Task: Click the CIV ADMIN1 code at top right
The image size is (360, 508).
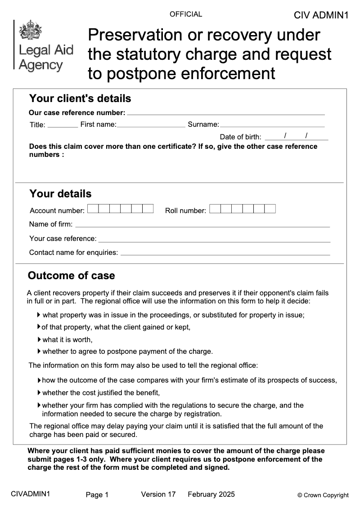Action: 321,15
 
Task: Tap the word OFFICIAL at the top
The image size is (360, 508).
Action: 186,14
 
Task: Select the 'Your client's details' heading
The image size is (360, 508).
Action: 80,98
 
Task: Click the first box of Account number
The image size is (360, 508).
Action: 93,209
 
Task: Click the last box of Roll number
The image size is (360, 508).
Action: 270,209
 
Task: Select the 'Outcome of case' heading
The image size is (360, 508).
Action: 72,276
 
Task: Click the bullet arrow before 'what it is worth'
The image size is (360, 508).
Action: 39,339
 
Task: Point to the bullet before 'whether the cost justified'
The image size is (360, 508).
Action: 39,392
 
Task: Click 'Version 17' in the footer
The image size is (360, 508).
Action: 158,495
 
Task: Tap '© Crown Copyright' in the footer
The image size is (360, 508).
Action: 323,495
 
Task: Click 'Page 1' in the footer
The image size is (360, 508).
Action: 97,495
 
